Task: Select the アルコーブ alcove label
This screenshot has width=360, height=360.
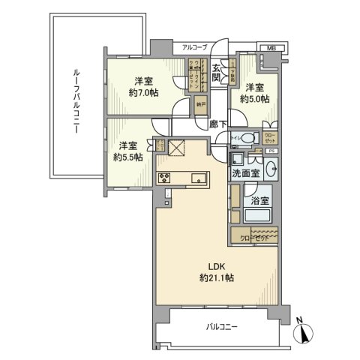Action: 194,47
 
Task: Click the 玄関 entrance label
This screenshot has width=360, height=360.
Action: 215,71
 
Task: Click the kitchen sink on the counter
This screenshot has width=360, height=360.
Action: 199,178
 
